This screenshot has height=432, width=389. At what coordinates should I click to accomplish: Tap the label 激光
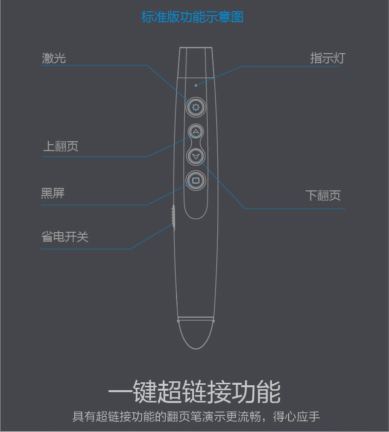click(x=54, y=58)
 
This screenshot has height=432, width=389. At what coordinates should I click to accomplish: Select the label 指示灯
click(x=327, y=58)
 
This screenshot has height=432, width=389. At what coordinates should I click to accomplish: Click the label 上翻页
click(x=60, y=146)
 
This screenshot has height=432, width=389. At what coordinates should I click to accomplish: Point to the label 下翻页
click(x=323, y=195)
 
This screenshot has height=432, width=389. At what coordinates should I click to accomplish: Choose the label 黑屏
click(x=53, y=193)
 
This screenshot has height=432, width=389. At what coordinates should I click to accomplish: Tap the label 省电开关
click(x=64, y=237)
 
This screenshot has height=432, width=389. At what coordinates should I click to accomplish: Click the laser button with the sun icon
click(x=196, y=107)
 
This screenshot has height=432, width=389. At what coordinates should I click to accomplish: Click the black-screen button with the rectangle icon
click(x=196, y=181)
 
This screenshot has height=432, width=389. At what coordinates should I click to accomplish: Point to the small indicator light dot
click(x=196, y=85)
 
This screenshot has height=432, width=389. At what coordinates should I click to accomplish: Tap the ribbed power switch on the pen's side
click(x=173, y=216)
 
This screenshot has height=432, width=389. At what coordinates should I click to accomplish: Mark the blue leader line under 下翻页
click(x=295, y=209)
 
